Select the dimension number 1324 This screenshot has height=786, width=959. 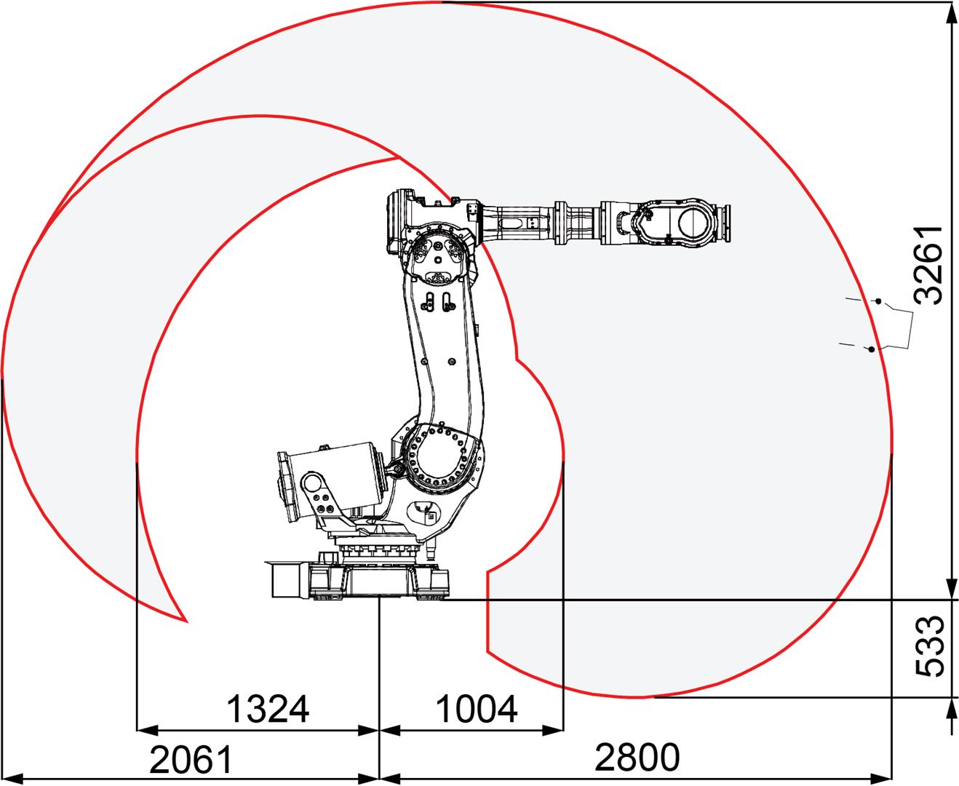(x=268, y=709)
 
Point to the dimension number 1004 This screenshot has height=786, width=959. (x=477, y=709)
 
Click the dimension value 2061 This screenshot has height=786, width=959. (x=191, y=759)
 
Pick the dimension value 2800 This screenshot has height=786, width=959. (x=637, y=758)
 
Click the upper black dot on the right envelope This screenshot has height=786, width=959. (x=878, y=301)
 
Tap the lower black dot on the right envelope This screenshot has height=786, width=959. (x=871, y=349)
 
